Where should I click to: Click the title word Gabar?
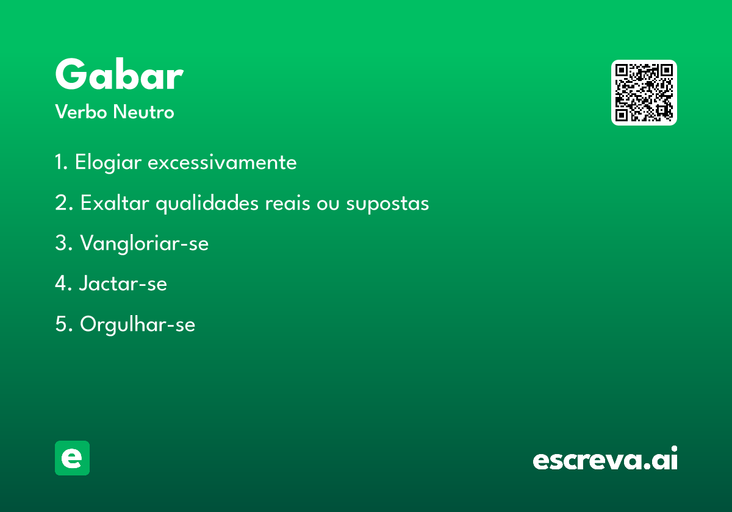point(120,74)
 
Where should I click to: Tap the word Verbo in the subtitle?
point(81,112)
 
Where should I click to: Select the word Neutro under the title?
point(143,112)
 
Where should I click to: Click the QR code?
point(644,93)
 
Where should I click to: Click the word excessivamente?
point(222,162)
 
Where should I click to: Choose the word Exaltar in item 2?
point(115,203)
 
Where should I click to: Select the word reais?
point(287,204)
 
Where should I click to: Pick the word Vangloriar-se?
point(145,244)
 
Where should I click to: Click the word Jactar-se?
point(123,283)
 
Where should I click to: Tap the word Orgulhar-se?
point(138,324)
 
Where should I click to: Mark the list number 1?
point(61,162)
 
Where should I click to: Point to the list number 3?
point(63,243)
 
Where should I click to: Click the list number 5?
point(63,324)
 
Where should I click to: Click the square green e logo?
point(72,458)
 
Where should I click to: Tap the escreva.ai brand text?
point(605,458)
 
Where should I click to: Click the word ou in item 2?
point(328,204)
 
